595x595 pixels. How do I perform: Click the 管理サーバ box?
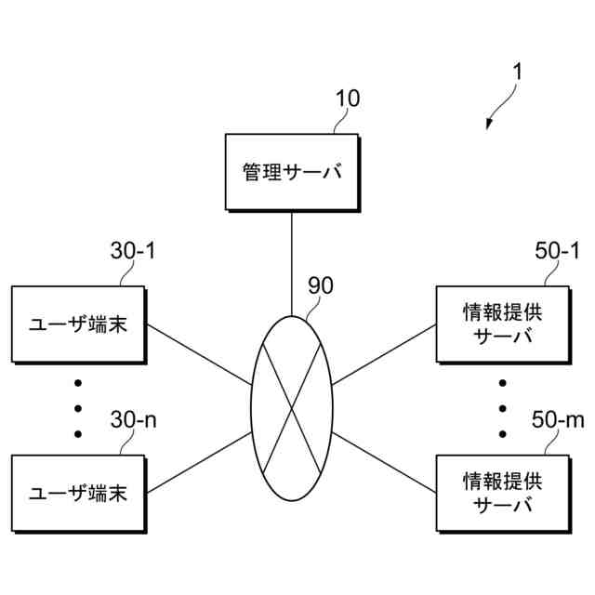pos(292,172)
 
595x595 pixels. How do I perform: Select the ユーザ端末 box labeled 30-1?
pos(78,324)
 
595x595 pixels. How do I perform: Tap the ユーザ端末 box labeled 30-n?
pos(78,491)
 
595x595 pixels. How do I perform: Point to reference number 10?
pos(348,98)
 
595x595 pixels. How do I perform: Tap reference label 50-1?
pos(557,251)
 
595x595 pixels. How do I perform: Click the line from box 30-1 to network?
pos(199,354)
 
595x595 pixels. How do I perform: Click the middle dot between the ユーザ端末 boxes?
pos(78,408)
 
